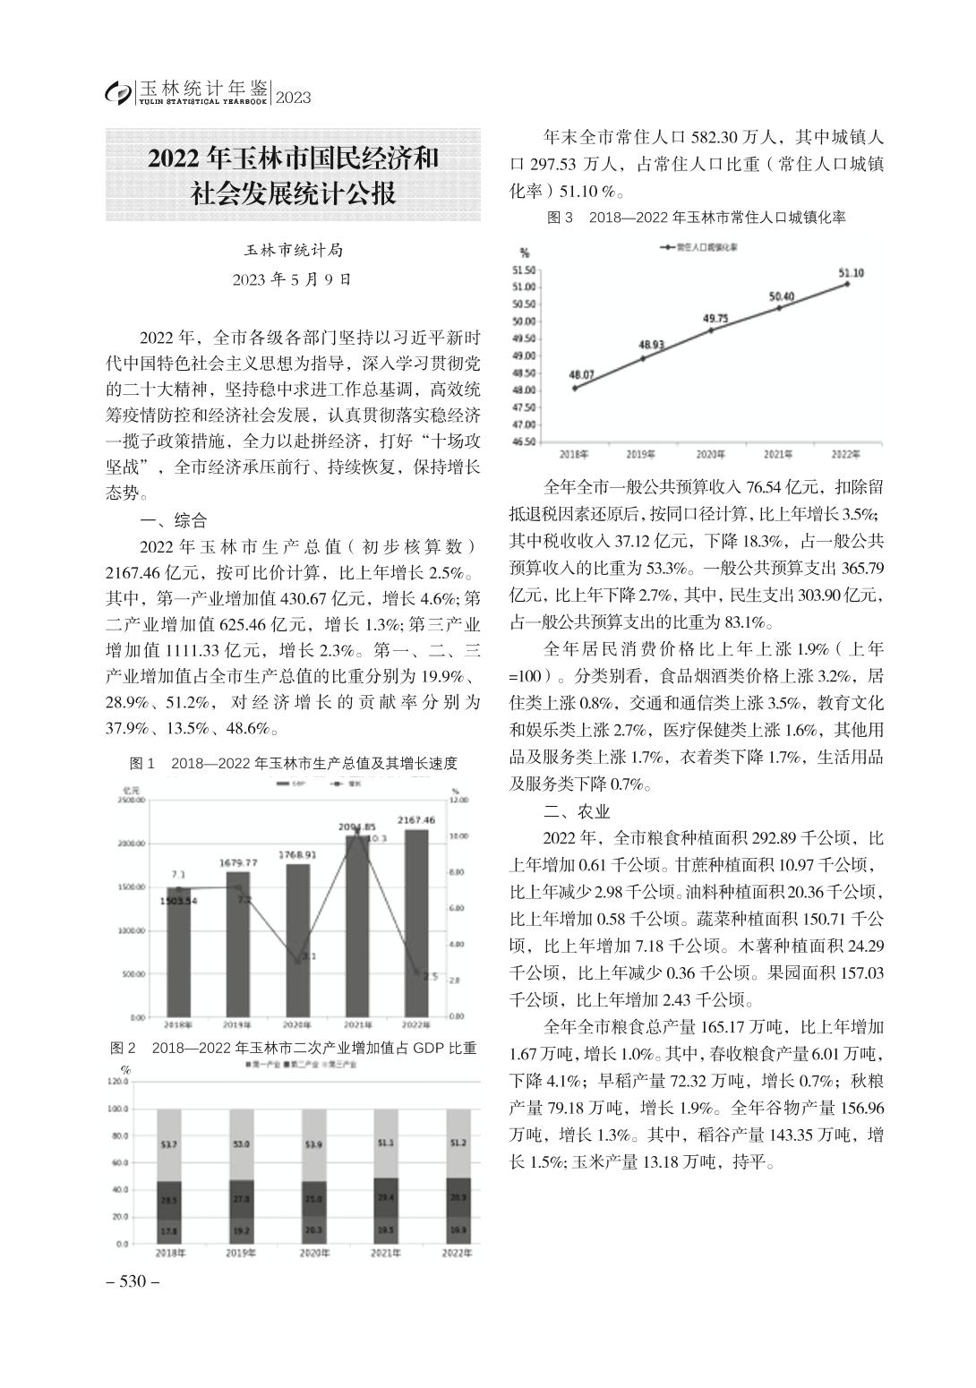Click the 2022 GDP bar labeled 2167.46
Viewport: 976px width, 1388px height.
tap(416, 922)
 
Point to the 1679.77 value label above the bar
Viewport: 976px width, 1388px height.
tap(238, 862)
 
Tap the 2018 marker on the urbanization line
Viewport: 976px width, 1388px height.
tap(574, 388)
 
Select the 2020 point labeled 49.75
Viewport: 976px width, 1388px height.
tap(712, 330)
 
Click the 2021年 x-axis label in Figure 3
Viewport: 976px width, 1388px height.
tap(778, 454)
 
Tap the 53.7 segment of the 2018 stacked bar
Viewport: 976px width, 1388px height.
tap(168, 1144)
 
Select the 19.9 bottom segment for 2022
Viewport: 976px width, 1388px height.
tap(457, 1230)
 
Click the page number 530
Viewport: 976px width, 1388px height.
tap(133, 1281)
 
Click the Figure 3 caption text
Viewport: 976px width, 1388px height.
tap(696, 218)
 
